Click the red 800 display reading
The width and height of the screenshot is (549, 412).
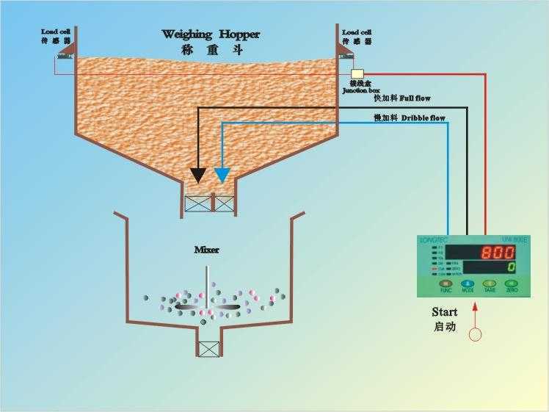point(498,252)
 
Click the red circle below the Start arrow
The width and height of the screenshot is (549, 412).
point(476,335)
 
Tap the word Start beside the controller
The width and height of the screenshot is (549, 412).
point(445,312)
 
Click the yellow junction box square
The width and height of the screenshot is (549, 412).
point(357,74)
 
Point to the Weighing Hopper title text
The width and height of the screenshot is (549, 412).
point(211,35)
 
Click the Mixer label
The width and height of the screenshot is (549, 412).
point(206,250)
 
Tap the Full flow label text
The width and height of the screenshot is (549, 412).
point(402,98)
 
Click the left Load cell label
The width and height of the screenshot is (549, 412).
point(57,32)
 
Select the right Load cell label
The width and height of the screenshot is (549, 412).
point(357,32)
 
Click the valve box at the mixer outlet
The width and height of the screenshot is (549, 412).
point(209,350)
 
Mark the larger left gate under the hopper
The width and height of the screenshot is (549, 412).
point(198,203)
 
